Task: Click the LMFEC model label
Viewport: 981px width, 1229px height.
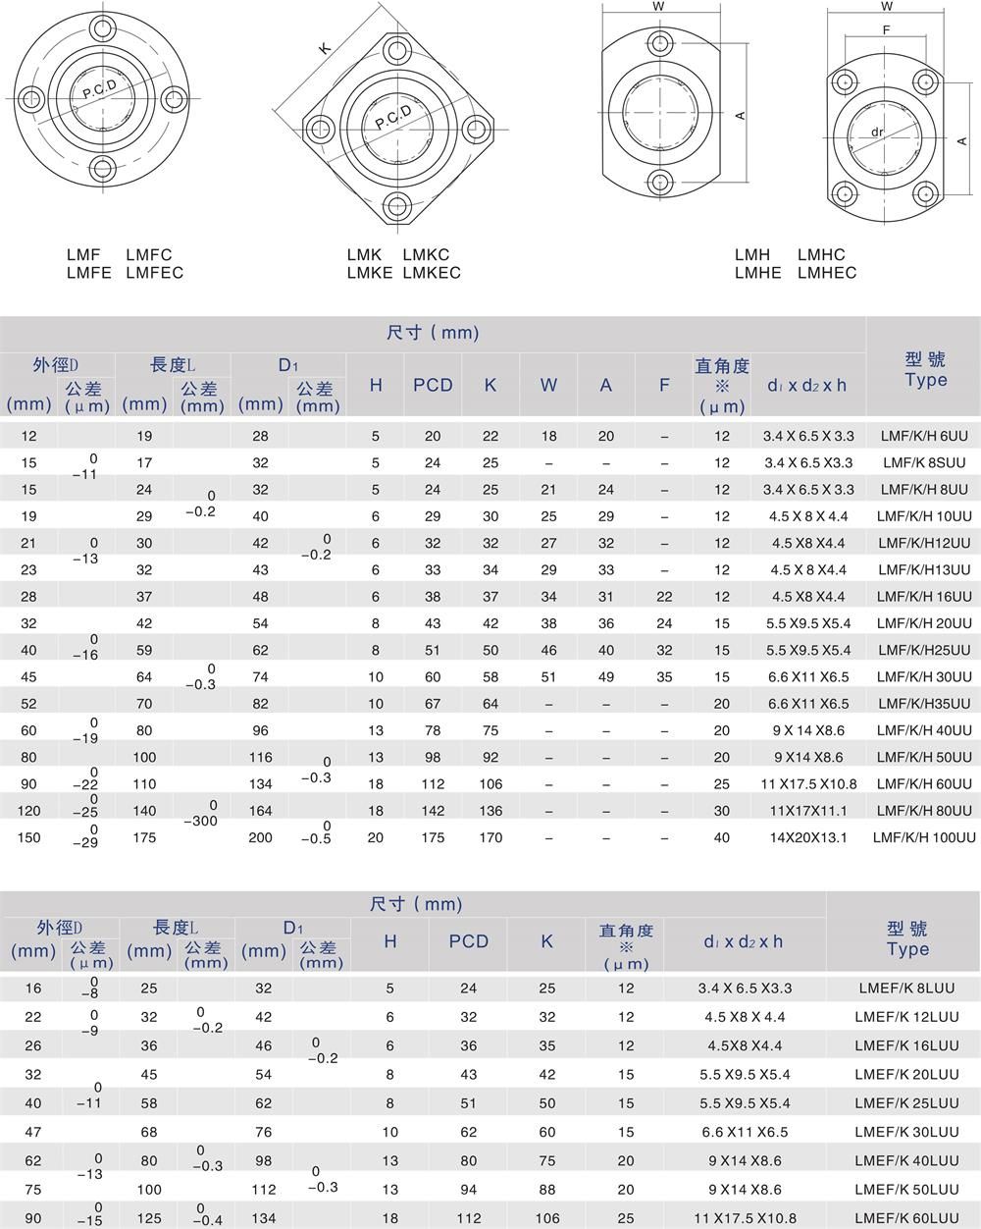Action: click(154, 273)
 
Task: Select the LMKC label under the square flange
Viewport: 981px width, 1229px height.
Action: click(426, 255)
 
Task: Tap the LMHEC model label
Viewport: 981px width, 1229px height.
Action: click(827, 273)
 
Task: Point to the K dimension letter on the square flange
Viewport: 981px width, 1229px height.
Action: click(325, 48)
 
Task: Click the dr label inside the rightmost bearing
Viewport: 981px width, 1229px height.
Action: click(878, 132)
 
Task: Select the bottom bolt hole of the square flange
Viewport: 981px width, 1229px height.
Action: click(397, 205)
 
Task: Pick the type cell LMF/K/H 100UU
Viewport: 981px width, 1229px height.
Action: click(924, 837)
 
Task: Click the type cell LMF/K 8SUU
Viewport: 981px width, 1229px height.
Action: click(924, 462)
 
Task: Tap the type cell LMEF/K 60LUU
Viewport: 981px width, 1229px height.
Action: click(906, 1217)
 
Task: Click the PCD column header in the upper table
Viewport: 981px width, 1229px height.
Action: click(433, 385)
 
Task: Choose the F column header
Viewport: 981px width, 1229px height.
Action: click(664, 385)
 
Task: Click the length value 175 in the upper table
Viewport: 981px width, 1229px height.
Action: click(145, 837)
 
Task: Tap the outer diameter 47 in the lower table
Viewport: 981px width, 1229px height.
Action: click(33, 1132)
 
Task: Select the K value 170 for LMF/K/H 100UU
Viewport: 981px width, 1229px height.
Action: click(490, 837)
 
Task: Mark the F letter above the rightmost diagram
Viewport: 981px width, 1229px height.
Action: click(886, 30)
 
